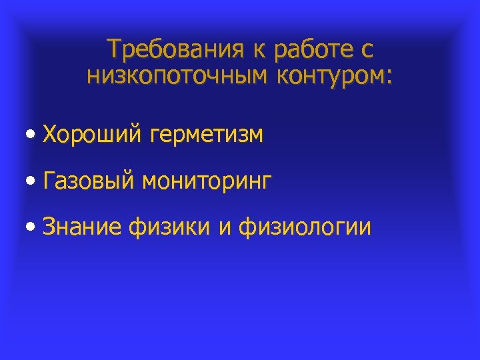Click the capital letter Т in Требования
point(115,49)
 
